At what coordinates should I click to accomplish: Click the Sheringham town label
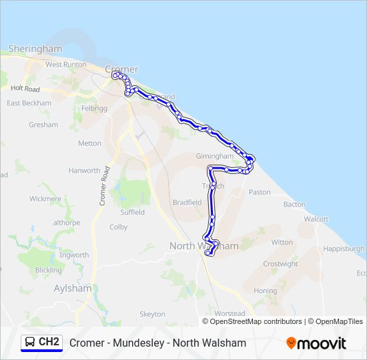pos(35,49)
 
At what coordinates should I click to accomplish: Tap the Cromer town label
pos(122,69)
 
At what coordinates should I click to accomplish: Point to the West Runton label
pos(66,65)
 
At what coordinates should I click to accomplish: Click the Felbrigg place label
pos(93,108)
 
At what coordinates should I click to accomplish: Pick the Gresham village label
pos(43,125)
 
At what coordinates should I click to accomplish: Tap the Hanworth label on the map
pos(83,171)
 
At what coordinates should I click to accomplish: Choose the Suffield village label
pos(132,212)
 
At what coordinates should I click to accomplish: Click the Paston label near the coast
pos(260,192)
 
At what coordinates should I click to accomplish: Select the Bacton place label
pos(294,205)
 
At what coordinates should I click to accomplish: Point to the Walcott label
pos(316,219)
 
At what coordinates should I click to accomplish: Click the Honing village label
pos(265,291)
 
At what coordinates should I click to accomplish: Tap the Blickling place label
pos(49,270)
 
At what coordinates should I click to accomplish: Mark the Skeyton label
pos(152,314)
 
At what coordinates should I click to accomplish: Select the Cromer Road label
pos(104,185)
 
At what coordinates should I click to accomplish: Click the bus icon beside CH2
pos(30,342)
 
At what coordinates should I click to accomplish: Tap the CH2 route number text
pos(49,342)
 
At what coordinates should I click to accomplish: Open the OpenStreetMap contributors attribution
pos(255,321)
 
